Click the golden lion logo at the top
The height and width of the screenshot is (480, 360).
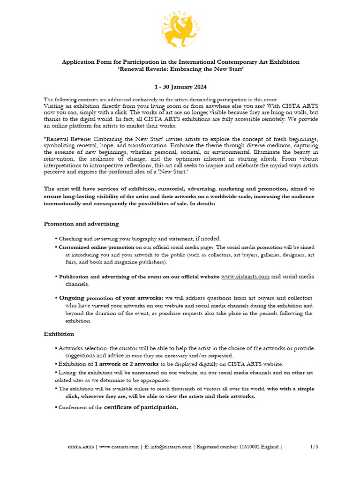(x=180, y=29)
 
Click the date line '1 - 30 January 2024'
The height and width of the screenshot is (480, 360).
(x=180, y=87)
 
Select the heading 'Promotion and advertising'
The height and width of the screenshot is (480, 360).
(x=81, y=224)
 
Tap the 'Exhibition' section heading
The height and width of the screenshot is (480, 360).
(x=59, y=334)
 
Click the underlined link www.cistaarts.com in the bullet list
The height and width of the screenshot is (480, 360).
(x=245, y=277)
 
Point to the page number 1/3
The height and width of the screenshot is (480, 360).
(x=314, y=447)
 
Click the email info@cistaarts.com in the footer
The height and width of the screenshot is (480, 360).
(x=171, y=447)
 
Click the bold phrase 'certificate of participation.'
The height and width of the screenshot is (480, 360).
(x=141, y=407)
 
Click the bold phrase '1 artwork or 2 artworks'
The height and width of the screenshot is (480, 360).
(x=127, y=364)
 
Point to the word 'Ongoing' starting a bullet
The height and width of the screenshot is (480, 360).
(x=71, y=298)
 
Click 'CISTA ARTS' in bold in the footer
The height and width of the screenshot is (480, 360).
(x=81, y=447)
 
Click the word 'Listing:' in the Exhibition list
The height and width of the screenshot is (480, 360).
(x=70, y=373)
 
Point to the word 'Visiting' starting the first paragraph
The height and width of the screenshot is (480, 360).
(x=55, y=106)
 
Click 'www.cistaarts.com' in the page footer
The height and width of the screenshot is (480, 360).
(x=119, y=447)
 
